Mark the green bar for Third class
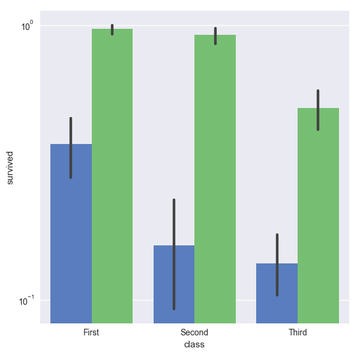[x=318, y=215]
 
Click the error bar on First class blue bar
[x=71, y=148]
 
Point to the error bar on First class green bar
[x=112, y=30]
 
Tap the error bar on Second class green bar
[x=215, y=36]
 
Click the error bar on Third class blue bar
[x=277, y=265]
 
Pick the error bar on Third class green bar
[x=318, y=110]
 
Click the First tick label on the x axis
[x=91, y=332]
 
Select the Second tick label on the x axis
[x=194, y=332]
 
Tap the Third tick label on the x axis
[x=298, y=332]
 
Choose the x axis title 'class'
[x=194, y=345]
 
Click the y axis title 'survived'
[x=10, y=167]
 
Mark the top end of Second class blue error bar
[x=174, y=200]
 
